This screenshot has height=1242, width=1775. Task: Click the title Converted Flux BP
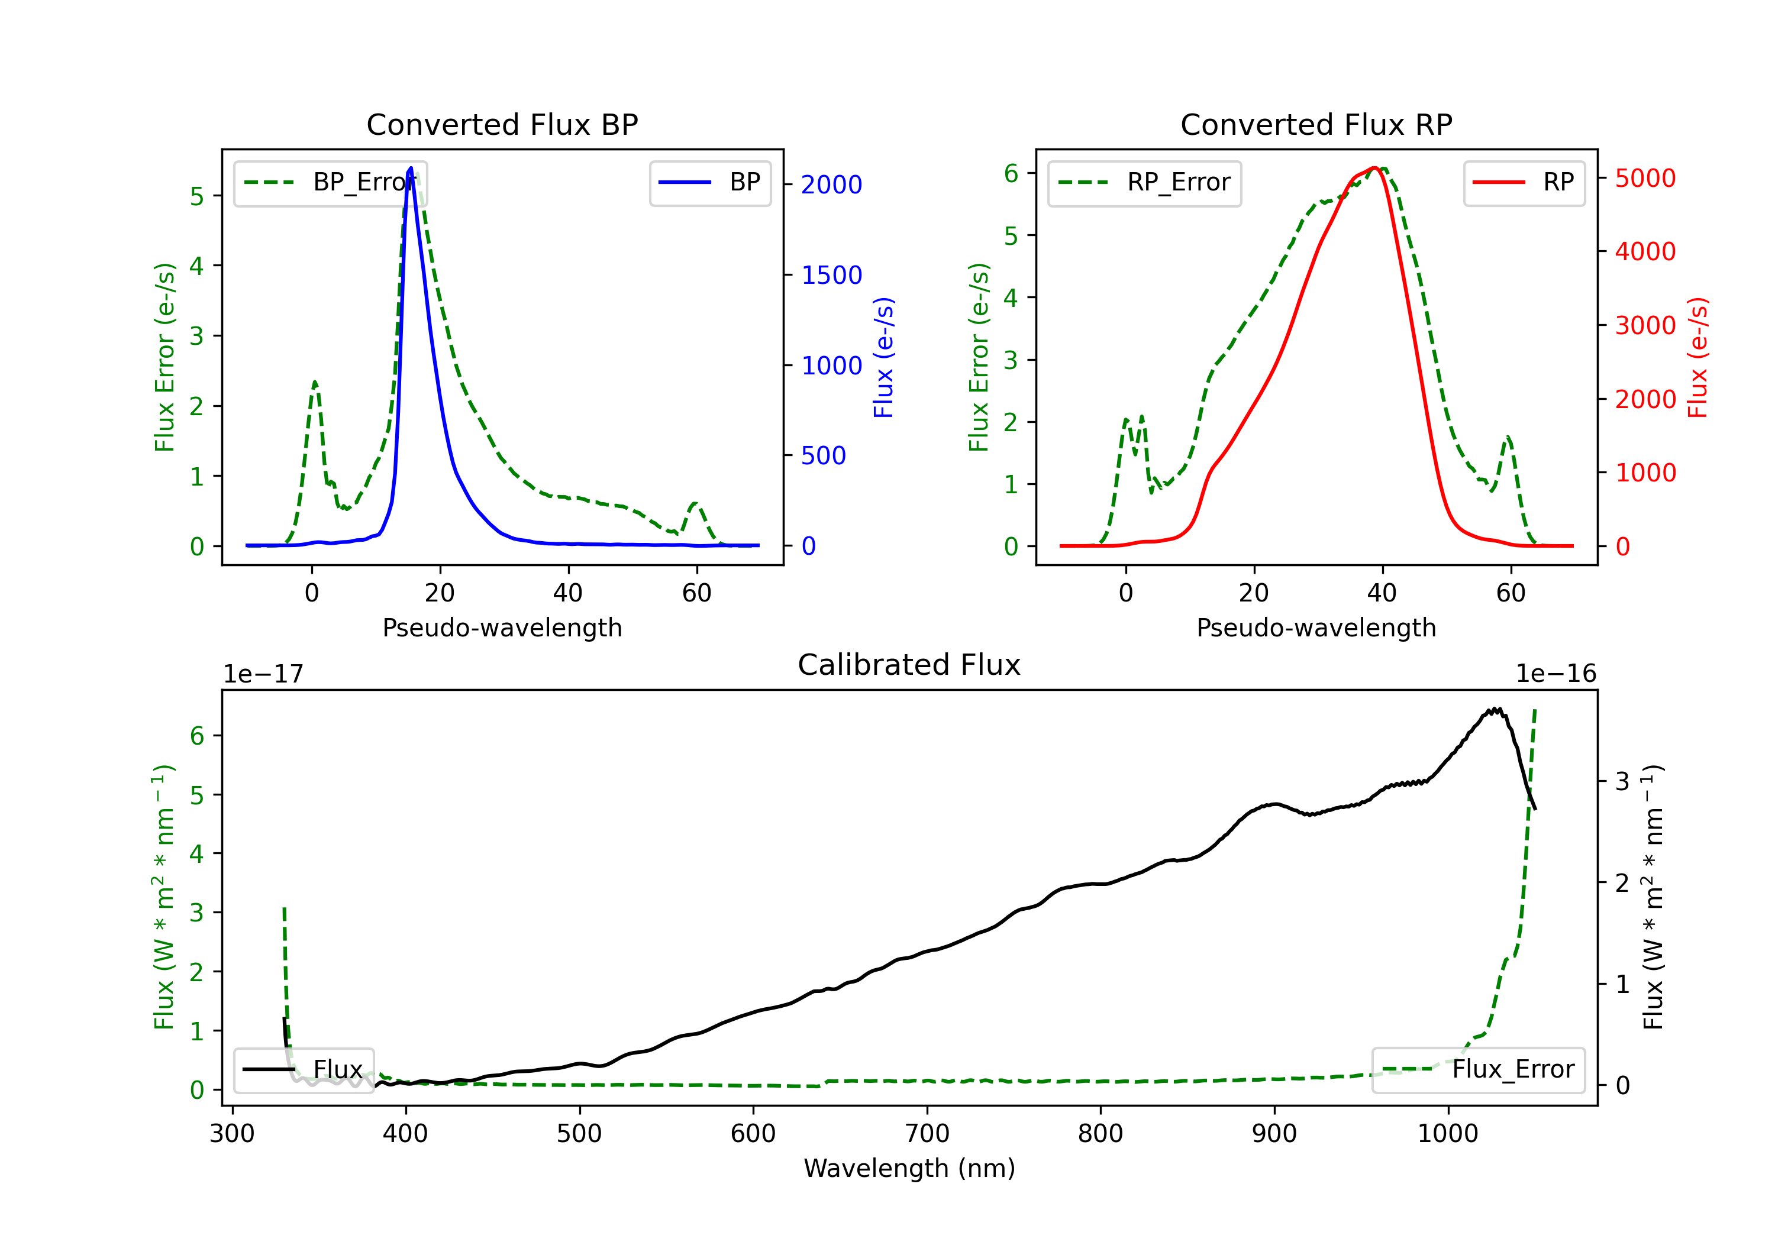tap(502, 124)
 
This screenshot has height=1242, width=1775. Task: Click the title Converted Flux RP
tap(1316, 124)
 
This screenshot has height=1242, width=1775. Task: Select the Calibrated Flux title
tap(909, 665)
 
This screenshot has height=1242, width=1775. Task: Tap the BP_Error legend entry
tap(331, 183)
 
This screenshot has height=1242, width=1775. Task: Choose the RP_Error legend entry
tap(1145, 183)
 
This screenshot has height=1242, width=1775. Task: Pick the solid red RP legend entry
tap(1524, 183)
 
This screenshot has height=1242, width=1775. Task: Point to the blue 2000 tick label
tap(831, 185)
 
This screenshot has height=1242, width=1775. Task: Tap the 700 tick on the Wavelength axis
tap(927, 1134)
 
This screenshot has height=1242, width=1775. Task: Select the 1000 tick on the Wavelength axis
tap(1448, 1134)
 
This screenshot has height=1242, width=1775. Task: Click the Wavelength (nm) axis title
tap(909, 1168)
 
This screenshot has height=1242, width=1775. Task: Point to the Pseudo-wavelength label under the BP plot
tap(502, 628)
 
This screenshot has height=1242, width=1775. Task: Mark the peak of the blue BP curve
tap(411, 168)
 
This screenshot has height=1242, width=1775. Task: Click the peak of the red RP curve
tap(1374, 168)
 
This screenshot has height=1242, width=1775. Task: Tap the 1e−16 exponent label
tap(1555, 674)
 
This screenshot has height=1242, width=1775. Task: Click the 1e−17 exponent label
tap(264, 674)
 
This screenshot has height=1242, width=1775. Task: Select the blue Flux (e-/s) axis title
tap(883, 358)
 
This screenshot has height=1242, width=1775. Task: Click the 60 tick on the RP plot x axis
tap(1511, 593)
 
